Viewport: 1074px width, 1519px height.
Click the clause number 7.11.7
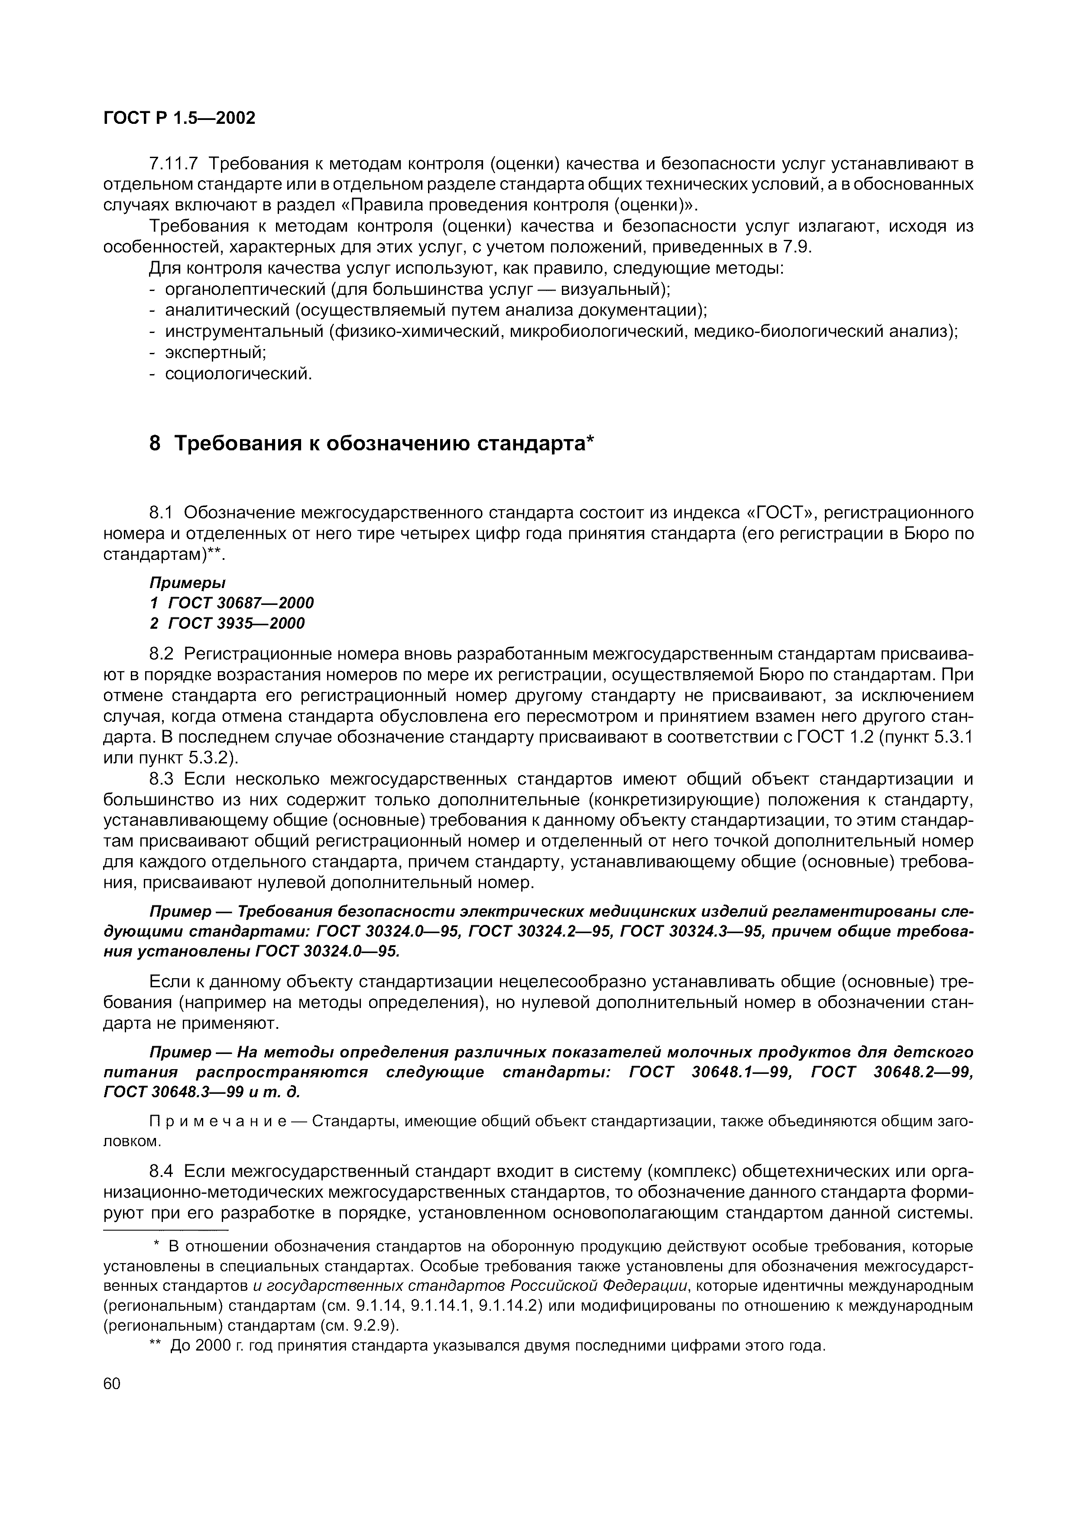(174, 163)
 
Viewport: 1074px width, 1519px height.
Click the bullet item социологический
(237, 374)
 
